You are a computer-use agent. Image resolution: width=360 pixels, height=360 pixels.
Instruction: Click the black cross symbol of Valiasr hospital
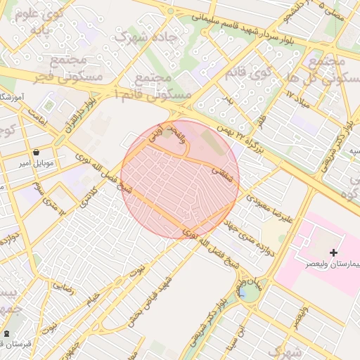coord(333,252)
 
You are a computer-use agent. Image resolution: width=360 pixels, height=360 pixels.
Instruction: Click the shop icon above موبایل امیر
coord(36,151)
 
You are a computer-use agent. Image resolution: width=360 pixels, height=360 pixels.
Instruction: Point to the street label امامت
coord(37,122)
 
